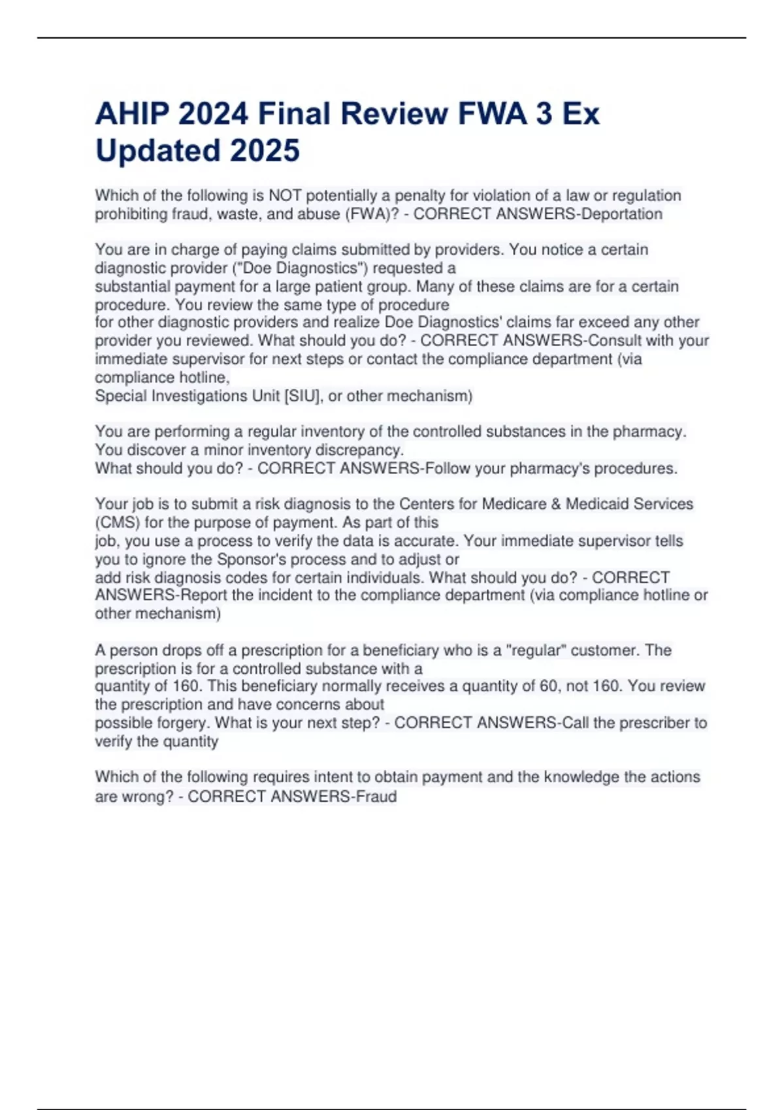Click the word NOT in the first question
[285, 196]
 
